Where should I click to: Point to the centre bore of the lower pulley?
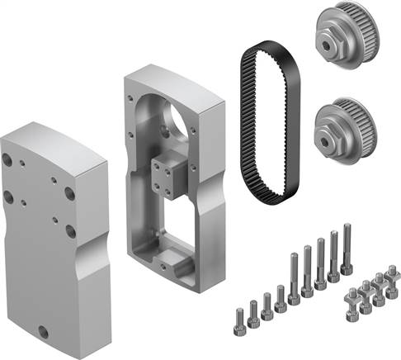tap(336, 135)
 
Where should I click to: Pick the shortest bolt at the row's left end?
tap(239, 319)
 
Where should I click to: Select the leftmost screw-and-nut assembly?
tap(349, 305)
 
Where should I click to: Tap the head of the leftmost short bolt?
tap(239, 312)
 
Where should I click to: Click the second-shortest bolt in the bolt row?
tap(253, 310)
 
